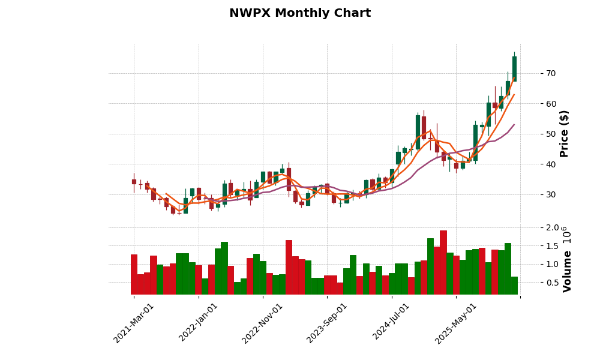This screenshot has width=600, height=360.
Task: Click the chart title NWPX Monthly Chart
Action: pyautogui.click(x=300, y=13)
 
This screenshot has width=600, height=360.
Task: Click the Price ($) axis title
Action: pyautogui.click(x=565, y=133)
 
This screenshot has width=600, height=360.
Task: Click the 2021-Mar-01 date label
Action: pyautogui.click(x=134, y=323)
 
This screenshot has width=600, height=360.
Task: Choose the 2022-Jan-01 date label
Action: pyautogui.click(x=199, y=323)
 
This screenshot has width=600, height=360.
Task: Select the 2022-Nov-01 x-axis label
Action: pyautogui.click(x=263, y=323)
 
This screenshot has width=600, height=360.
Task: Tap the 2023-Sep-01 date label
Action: pyautogui.click(x=327, y=323)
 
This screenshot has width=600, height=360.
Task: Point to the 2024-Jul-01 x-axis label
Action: pyautogui.click(x=391, y=323)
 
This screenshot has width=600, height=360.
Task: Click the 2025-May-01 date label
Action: pyautogui.click(x=456, y=323)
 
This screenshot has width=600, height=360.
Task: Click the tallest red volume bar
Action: pyautogui.click(x=443, y=262)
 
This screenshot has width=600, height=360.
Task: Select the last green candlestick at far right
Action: pyautogui.click(x=514, y=68)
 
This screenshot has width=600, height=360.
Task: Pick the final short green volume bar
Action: pyautogui.click(x=514, y=286)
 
